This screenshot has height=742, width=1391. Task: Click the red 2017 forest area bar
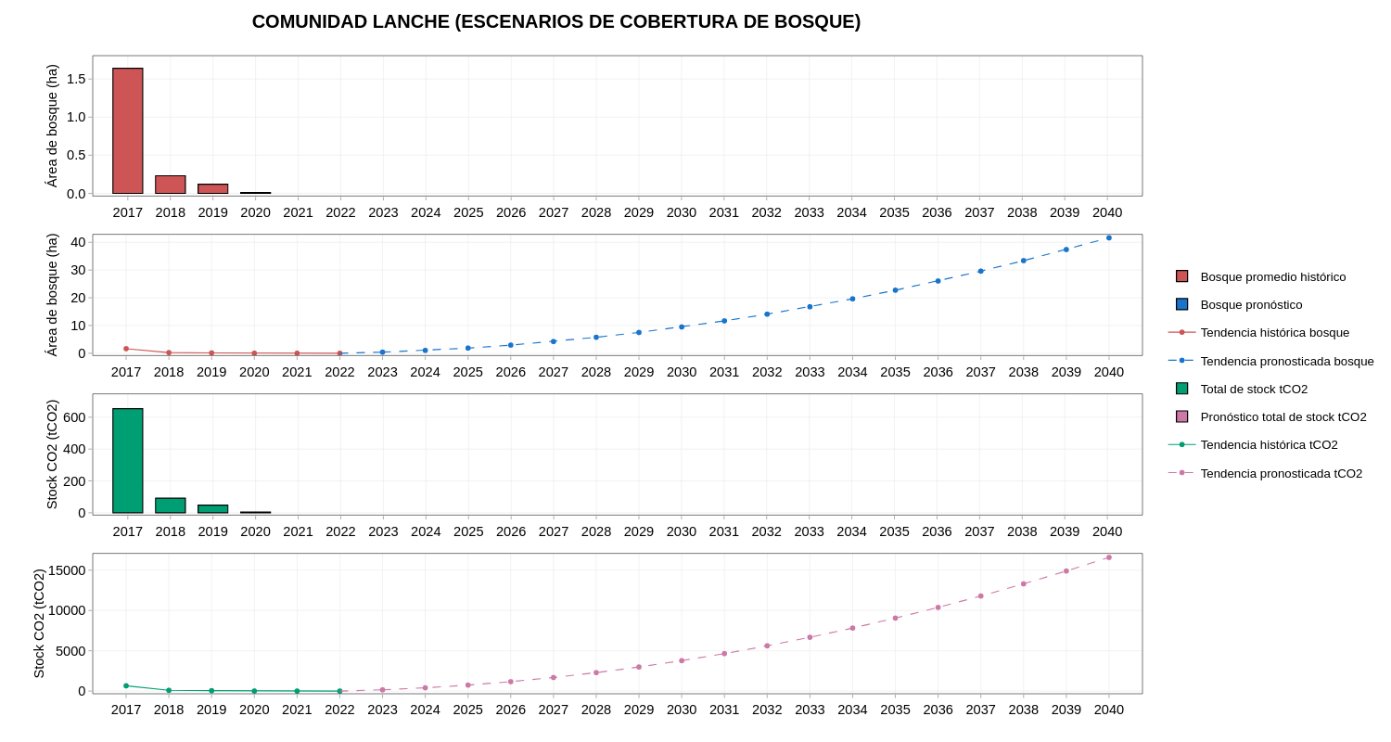pos(128,131)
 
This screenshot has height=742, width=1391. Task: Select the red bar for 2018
pos(171,185)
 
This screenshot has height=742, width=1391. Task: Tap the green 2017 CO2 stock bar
pos(128,461)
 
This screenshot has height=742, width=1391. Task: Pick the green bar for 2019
pos(213,509)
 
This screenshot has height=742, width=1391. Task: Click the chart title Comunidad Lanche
pos(556,21)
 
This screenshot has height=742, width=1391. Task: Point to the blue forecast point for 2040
pos(1109,237)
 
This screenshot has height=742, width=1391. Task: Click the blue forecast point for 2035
pos(896,290)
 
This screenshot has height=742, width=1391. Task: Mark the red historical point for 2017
pos(126,349)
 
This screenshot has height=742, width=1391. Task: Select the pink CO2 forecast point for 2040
pos(1109,557)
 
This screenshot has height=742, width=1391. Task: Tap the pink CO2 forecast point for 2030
pos(682,660)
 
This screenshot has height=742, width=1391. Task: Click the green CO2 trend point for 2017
pos(126,686)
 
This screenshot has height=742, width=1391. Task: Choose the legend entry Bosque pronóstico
pos(1251,304)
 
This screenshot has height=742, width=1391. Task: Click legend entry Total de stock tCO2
pos(1254,389)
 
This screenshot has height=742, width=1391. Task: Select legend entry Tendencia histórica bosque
pos(1274,332)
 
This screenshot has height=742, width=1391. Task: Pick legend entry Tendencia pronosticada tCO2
pos(1281,473)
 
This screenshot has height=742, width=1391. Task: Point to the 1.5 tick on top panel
pos(76,79)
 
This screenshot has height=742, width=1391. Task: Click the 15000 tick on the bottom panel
pos(67,570)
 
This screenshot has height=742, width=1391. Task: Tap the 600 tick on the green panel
pos(74,417)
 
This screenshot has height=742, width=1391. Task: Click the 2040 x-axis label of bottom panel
pos(1109,710)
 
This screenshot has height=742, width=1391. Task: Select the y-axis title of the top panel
pos(52,125)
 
